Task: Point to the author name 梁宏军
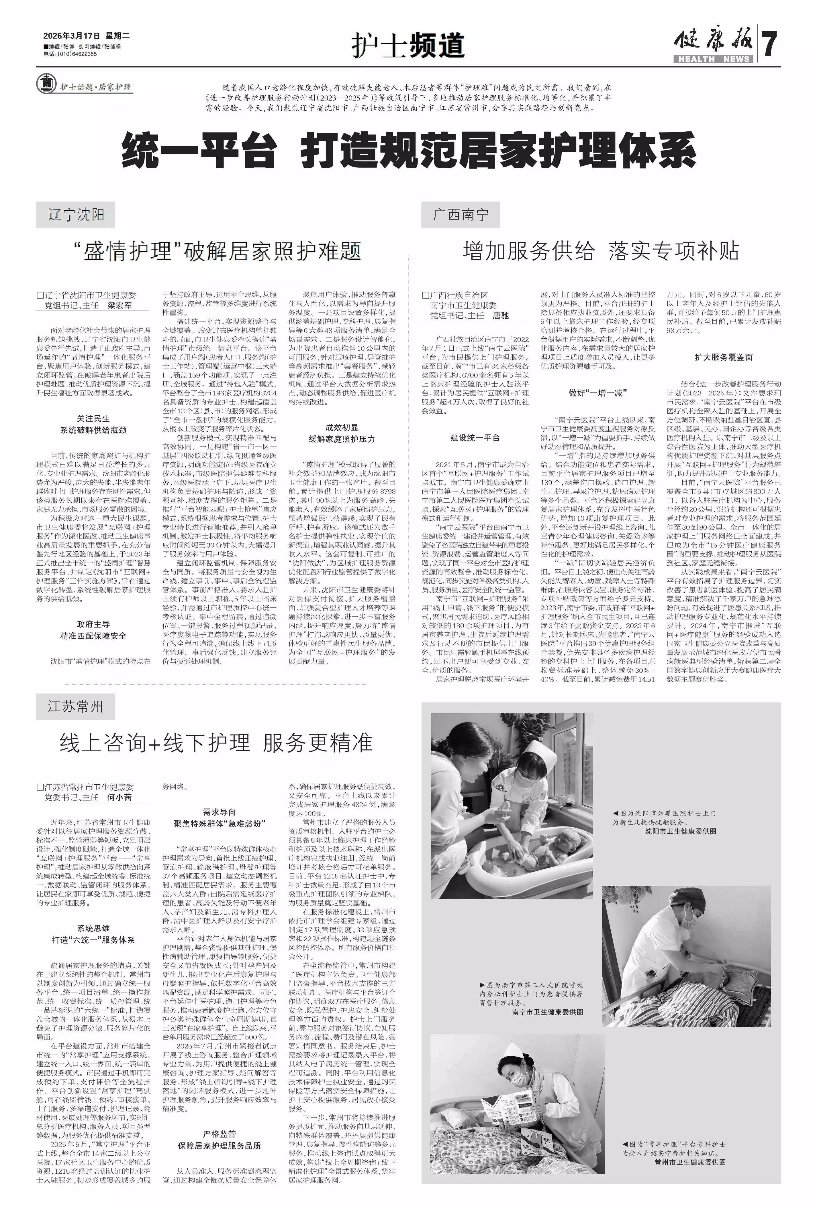119,306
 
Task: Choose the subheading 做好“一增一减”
597,393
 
